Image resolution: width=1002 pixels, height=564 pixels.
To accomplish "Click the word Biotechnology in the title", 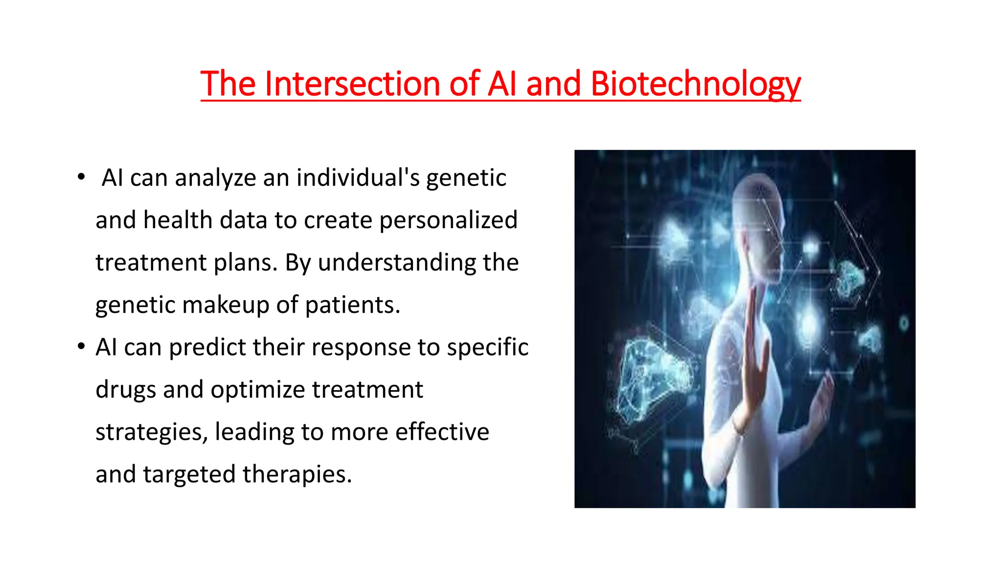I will pyautogui.click(x=695, y=84).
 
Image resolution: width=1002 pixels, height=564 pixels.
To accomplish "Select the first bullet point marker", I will pyautogui.click(x=81, y=177).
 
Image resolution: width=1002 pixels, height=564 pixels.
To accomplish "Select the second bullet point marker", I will pyautogui.click(x=81, y=347).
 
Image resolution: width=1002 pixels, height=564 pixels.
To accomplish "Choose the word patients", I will pyautogui.click(x=352, y=305).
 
